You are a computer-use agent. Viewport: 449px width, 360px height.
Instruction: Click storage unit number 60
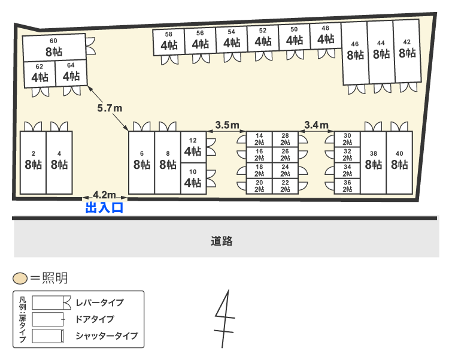[54, 47]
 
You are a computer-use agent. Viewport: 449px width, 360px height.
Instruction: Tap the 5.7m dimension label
[110, 108]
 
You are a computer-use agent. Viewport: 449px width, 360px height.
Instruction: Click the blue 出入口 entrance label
[104, 208]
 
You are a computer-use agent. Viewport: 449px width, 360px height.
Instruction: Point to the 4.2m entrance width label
[104, 195]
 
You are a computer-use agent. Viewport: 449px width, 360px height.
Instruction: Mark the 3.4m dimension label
[316, 125]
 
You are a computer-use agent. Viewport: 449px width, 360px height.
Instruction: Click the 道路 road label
[222, 241]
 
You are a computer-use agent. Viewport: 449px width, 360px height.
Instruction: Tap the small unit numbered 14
[259, 139]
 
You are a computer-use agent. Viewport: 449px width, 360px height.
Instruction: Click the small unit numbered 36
[347, 186]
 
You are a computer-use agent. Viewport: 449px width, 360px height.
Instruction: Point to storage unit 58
[169, 41]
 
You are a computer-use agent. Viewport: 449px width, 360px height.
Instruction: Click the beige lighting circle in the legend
[20, 279]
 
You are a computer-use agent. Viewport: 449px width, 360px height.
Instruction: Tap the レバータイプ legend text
[99, 302]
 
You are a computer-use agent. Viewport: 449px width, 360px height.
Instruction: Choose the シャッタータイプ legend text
[107, 335]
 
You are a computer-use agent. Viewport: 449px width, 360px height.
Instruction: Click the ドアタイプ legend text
[95, 319]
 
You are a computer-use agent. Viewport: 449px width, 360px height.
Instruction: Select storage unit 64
[71, 73]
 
